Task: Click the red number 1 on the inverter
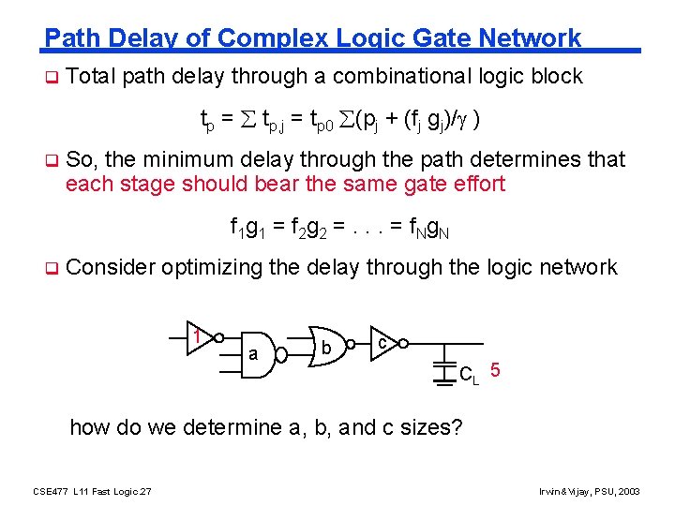pos(198,335)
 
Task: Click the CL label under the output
pos(469,376)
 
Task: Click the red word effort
pos(476,183)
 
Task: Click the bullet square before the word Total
pos(52,77)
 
